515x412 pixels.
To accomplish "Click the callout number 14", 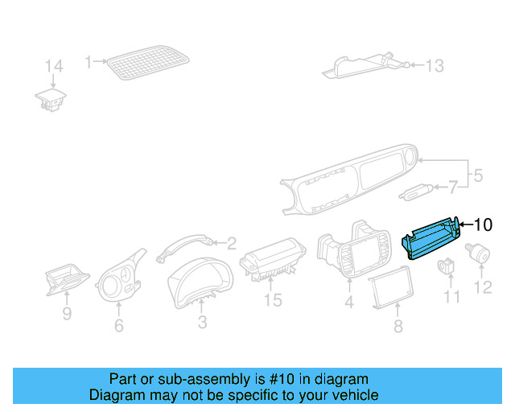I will pos(53,66).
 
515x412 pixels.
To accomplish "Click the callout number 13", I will pos(434,66).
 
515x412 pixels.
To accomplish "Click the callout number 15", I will pos(274,300).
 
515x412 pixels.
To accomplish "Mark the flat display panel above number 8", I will pos(390,288).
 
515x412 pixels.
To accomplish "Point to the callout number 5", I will pos(477,175).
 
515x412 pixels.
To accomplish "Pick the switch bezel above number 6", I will pos(121,278).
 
